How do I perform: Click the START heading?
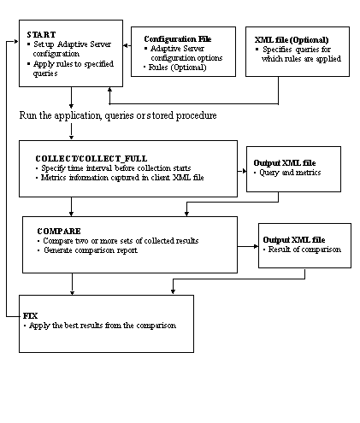coord(41,35)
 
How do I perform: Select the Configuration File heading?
coord(178,39)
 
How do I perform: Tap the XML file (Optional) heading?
coord(292,40)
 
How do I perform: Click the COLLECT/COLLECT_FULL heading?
coord(91,158)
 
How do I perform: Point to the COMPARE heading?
coord(59,231)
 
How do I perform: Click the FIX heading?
coord(30,316)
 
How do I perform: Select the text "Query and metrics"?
coord(290,173)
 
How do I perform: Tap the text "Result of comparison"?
coord(304,250)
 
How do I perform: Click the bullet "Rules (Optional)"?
coord(177,68)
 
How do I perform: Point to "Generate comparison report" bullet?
coord(91,250)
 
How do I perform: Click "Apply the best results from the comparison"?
coord(103,326)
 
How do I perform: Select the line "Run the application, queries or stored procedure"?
coord(118,115)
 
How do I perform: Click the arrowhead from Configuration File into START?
coord(125,45)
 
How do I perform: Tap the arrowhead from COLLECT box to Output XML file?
coord(245,171)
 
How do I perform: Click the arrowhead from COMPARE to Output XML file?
coord(256,246)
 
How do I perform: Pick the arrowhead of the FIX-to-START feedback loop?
coord(16,42)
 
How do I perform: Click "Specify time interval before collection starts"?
coord(116,168)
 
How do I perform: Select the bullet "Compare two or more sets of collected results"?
coord(121,241)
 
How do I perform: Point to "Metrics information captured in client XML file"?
coord(122,178)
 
